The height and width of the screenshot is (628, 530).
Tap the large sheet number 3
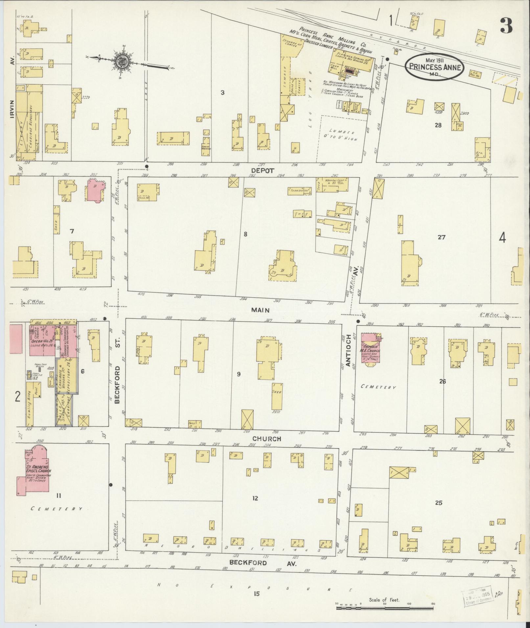click(506, 26)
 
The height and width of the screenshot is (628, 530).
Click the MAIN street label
click(261, 310)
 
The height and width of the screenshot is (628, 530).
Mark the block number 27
click(441, 237)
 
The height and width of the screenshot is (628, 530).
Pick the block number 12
click(255, 508)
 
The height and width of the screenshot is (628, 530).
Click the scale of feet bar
click(384, 608)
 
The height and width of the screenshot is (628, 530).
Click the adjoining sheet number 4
click(502, 238)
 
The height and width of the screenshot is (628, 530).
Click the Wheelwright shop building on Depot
click(335, 185)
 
